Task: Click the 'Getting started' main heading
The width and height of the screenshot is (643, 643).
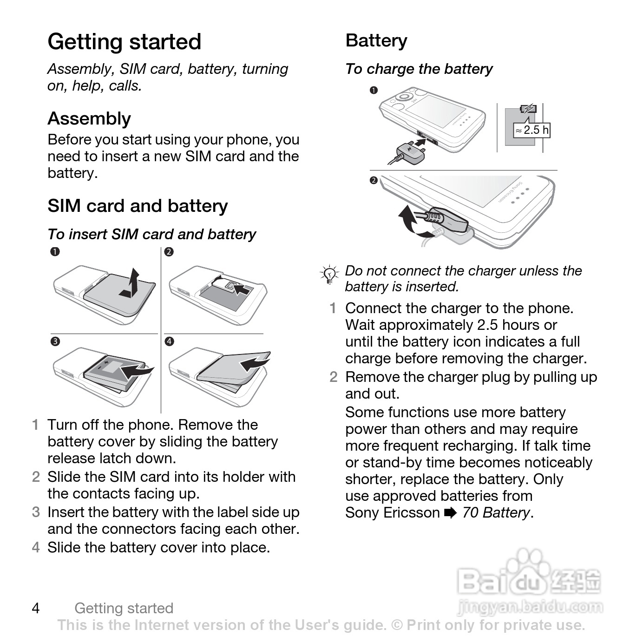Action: pyautogui.click(x=124, y=42)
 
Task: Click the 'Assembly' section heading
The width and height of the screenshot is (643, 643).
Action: pyautogui.click(x=89, y=119)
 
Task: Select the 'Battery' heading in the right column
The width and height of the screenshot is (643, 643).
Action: pyautogui.click(x=376, y=41)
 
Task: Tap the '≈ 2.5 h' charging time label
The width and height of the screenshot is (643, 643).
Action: pyautogui.click(x=532, y=130)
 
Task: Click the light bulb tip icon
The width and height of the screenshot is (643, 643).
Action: pyautogui.click(x=330, y=275)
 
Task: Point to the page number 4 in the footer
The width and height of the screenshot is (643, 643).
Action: pyautogui.click(x=36, y=608)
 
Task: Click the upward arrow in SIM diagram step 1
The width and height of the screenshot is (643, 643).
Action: pyautogui.click(x=131, y=283)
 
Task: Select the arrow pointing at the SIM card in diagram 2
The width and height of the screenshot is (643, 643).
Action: pyautogui.click(x=241, y=289)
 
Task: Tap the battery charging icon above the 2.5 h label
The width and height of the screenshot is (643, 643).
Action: pyautogui.click(x=528, y=109)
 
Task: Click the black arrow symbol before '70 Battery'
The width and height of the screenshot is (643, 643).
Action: pyautogui.click(x=450, y=513)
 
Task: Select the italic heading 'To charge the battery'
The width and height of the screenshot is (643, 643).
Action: pyautogui.click(x=419, y=69)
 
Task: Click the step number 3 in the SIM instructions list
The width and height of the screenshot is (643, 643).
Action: pyautogui.click(x=36, y=512)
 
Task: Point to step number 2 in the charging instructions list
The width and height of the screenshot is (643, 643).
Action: pyautogui.click(x=334, y=377)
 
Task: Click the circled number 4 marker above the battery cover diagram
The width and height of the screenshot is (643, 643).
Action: pyautogui.click(x=169, y=342)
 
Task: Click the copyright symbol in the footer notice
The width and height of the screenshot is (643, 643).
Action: pyautogui.click(x=397, y=625)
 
